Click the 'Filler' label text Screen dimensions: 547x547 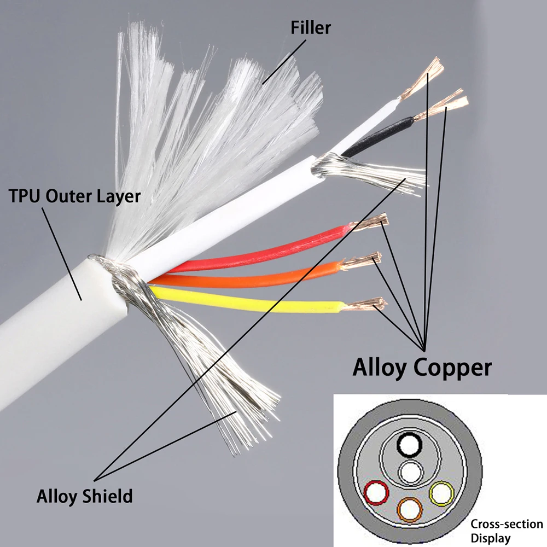tap(311, 27)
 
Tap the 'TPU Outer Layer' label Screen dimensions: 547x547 tap(74, 196)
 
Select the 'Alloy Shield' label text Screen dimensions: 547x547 tap(84, 496)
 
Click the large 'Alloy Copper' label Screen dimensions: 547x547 tap(422, 367)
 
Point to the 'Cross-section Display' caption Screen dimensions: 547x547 tap(506, 530)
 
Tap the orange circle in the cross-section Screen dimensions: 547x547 tap(410, 509)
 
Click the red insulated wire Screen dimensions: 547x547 tap(263, 252)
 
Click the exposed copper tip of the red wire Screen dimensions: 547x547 tap(372, 223)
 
